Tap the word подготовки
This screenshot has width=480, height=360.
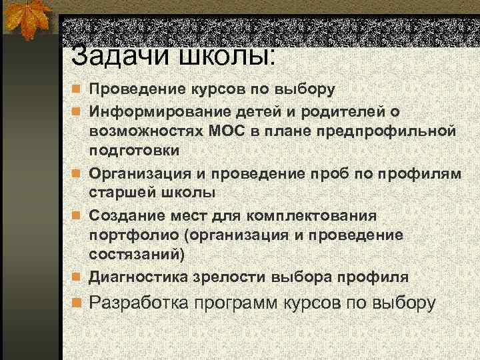click(x=135, y=150)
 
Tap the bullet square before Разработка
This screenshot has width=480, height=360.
click(x=77, y=303)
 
